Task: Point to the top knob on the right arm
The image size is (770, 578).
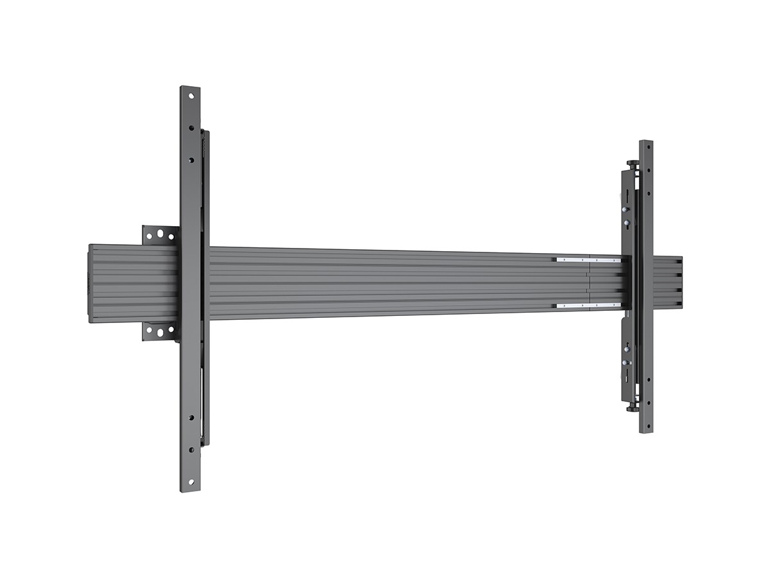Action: (x=635, y=168)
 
